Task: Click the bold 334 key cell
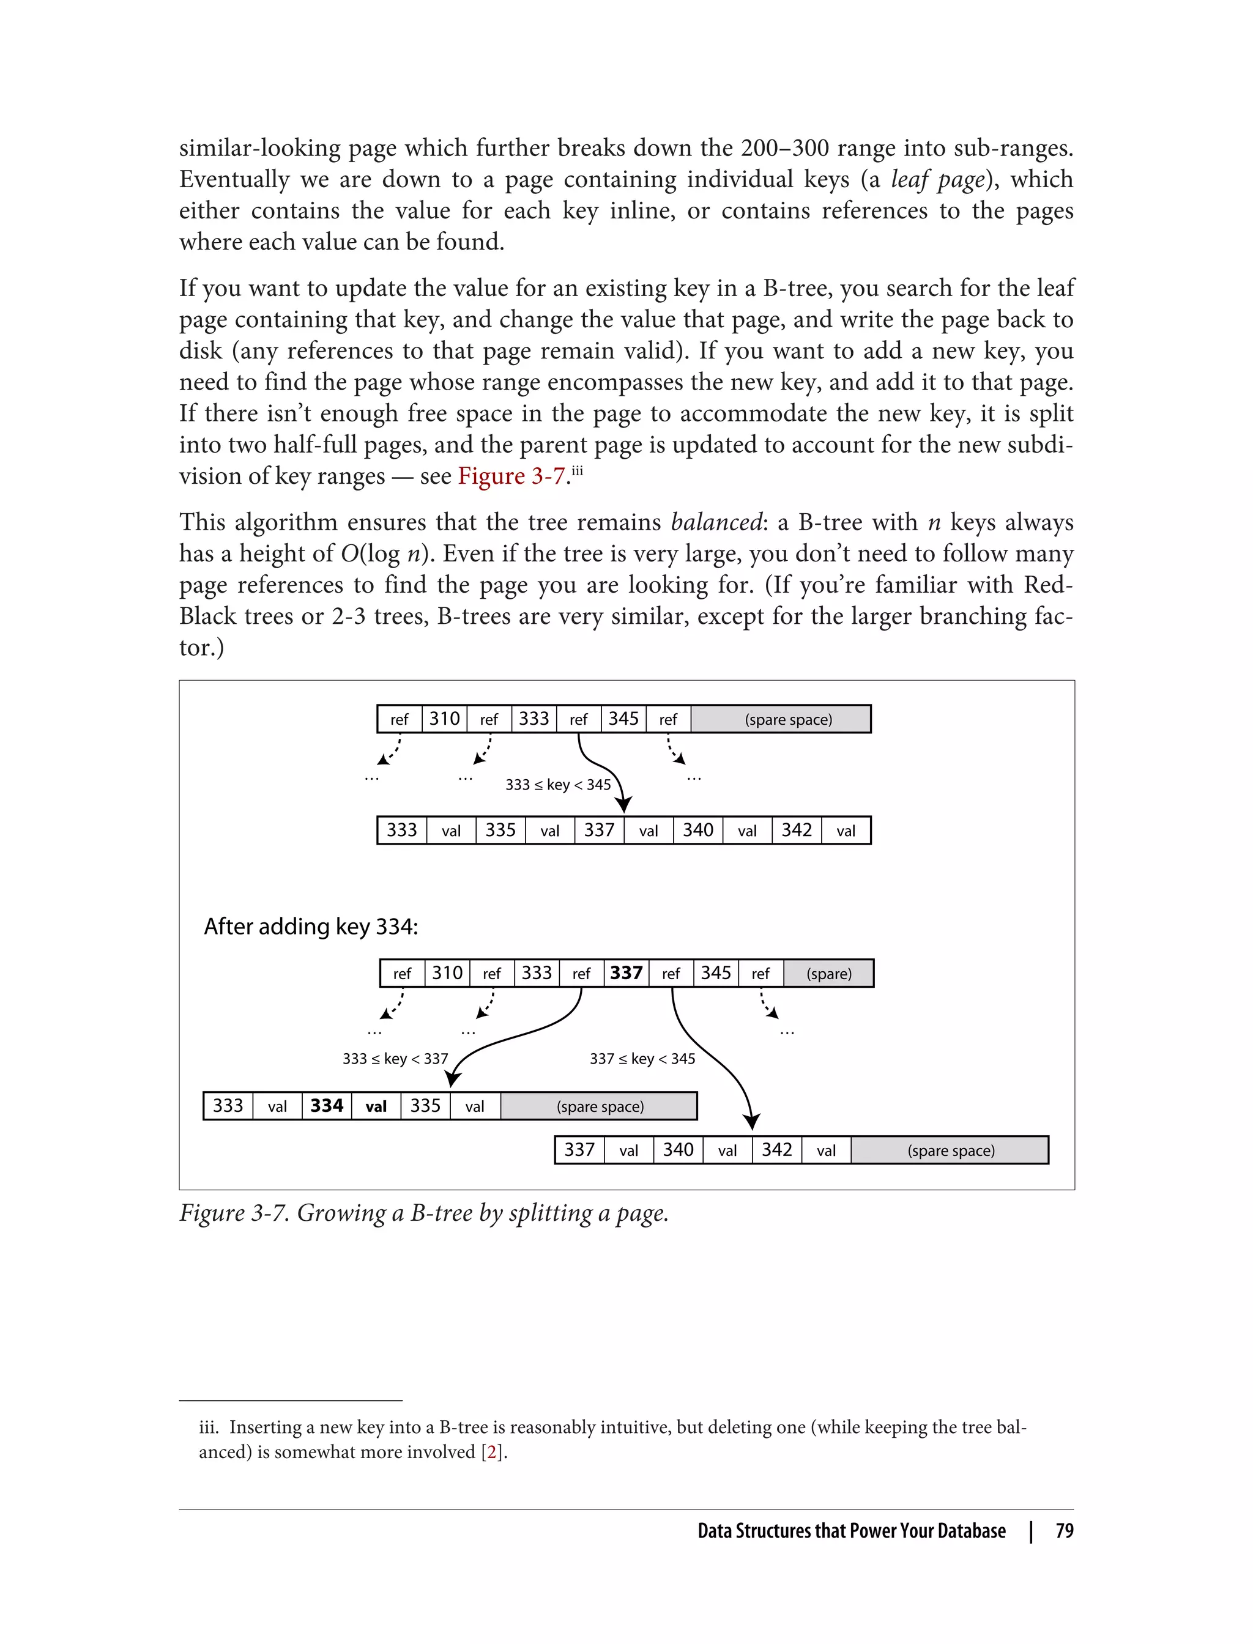[x=327, y=1106]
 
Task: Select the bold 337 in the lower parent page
[x=626, y=973]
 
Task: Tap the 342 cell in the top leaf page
[x=796, y=831]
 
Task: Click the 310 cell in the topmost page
[x=445, y=719]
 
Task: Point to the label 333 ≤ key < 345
[x=558, y=784]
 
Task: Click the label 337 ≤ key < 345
[x=642, y=1059]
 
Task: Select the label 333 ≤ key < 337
[x=395, y=1059]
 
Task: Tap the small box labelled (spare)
[x=828, y=974]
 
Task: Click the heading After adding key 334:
[x=311, y=927]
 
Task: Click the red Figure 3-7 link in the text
[x=511, y=476]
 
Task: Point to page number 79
[x=1065, y=1531]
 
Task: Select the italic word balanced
[x=716, y=522]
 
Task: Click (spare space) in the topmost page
[x=789, y=719]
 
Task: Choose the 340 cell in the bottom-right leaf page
[x=678, y=1150]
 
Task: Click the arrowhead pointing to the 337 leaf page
[x=753, y=1120]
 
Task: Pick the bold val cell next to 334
[x=376, y=1106]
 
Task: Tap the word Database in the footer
[x=971, y=1531]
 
